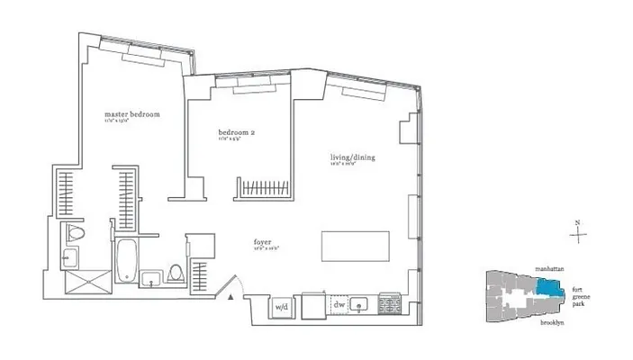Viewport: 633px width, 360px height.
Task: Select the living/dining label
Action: click(x=351, y=158)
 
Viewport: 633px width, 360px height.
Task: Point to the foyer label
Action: click(x=265, y=241)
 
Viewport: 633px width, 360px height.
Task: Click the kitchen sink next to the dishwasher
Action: click(x=361, y=305)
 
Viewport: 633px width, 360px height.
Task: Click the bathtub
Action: click(x=127, y=262)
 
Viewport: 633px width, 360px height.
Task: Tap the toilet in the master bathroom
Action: click(x=76, y=236)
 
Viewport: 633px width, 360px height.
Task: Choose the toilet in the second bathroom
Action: click(x=176, y=274)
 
